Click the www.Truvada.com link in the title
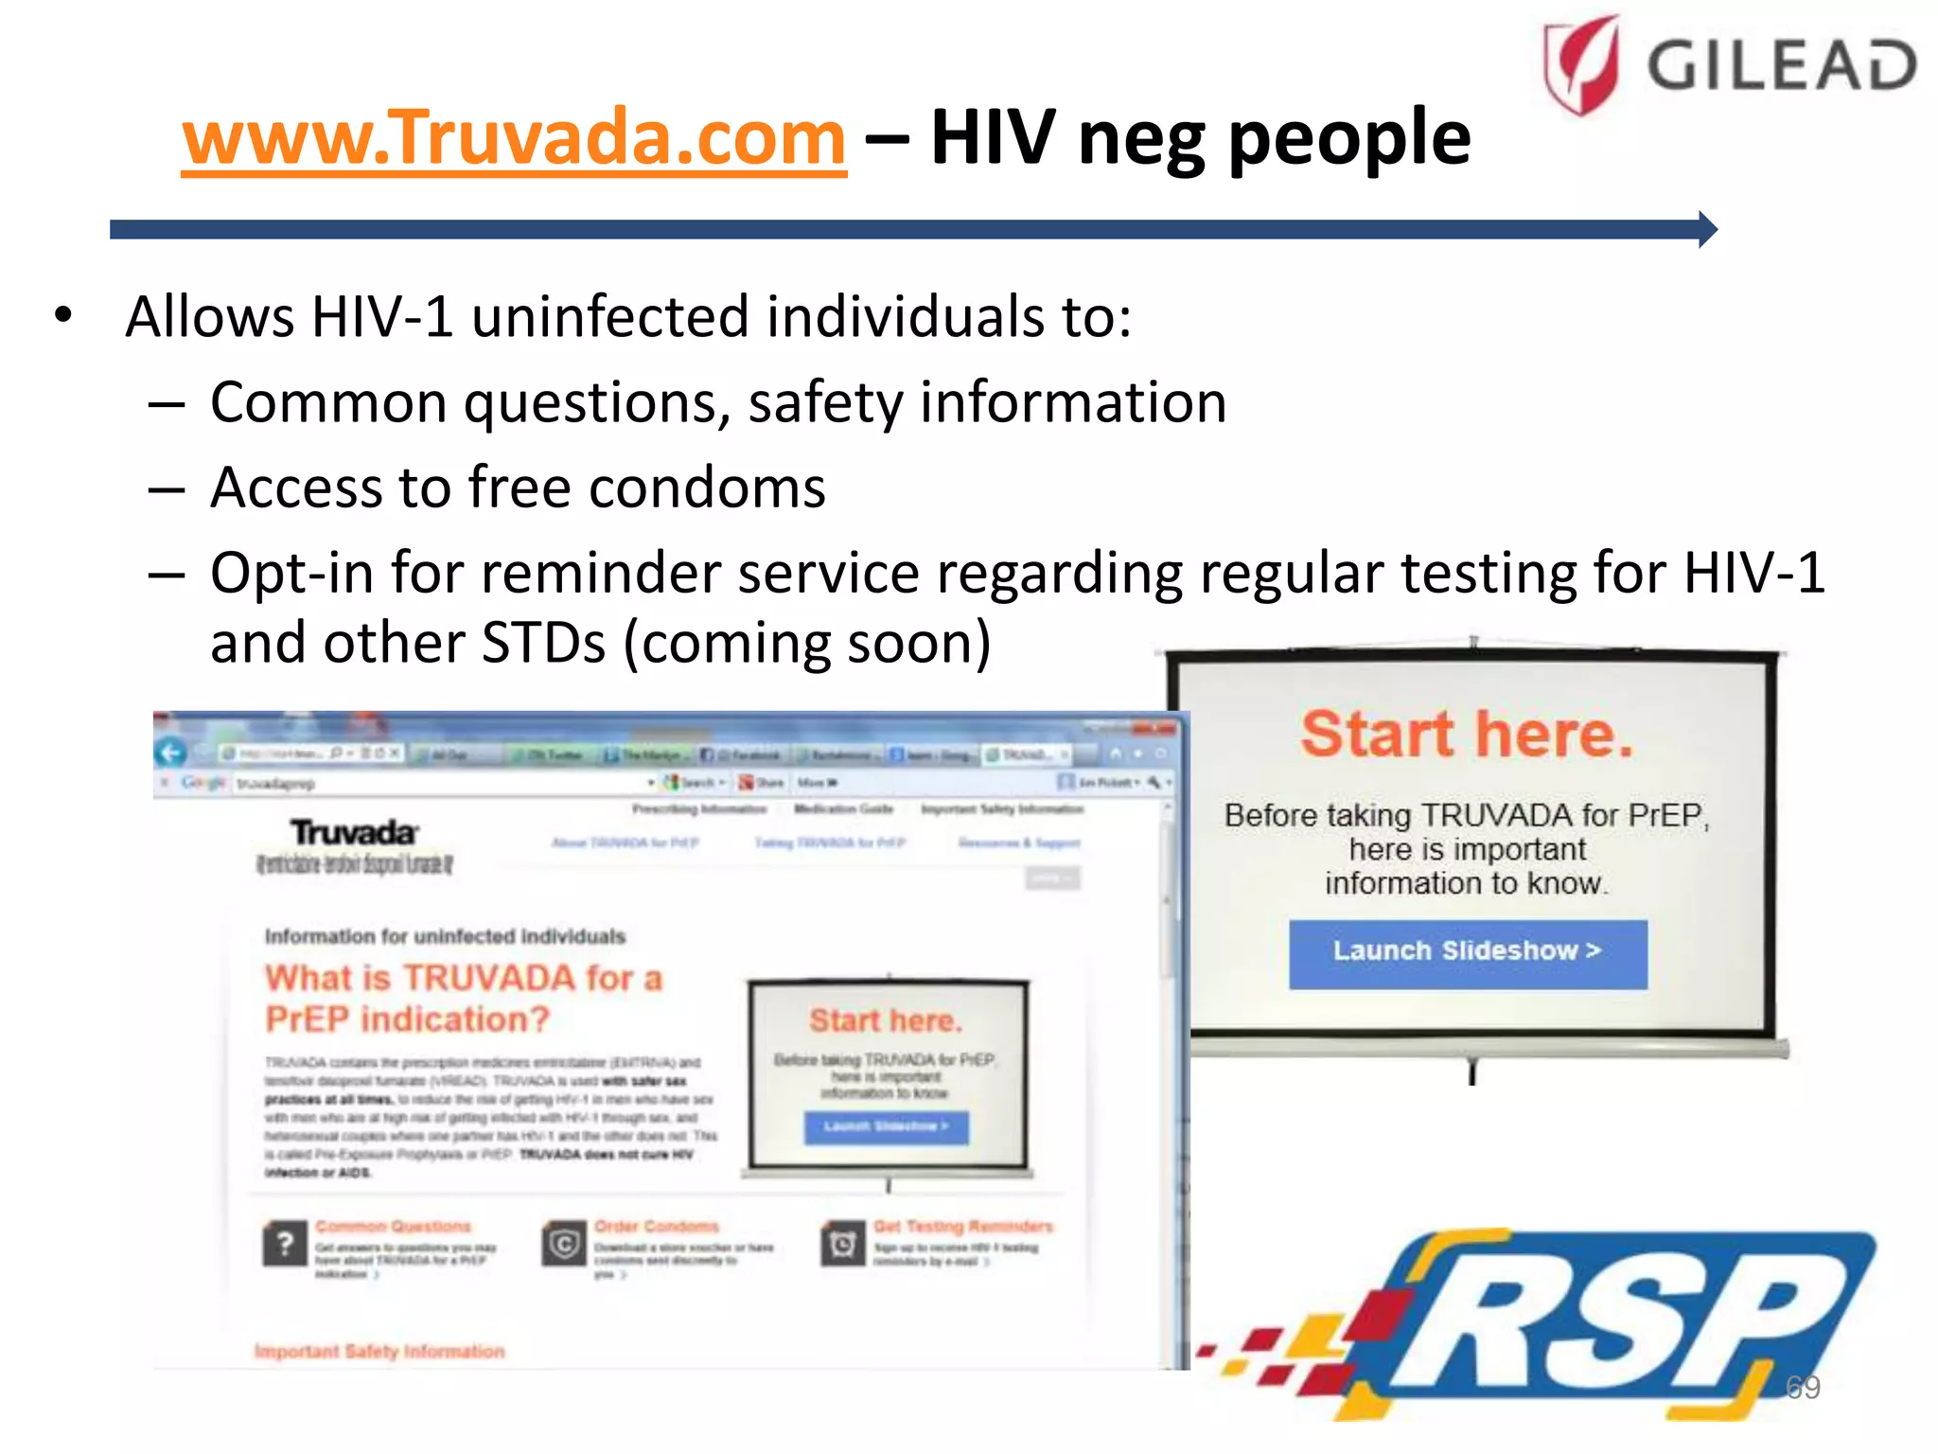[514, 138]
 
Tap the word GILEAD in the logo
[1782, 65]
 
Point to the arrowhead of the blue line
[1707, 229]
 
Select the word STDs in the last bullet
[543, 644]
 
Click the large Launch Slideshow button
[1467, 952]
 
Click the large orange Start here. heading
[1467, 735]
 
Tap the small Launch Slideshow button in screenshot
[886, 1126]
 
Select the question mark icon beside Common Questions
[284, 1244]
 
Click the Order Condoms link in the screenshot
[656, 1227]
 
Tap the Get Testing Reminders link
[962, 1227]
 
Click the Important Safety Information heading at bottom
[379, 1352]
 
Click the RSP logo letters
[1609, 1325]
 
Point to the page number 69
[1802, 1387]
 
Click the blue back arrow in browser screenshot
[171, 753]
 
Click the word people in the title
[1348, 138]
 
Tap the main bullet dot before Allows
[63, 316]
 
